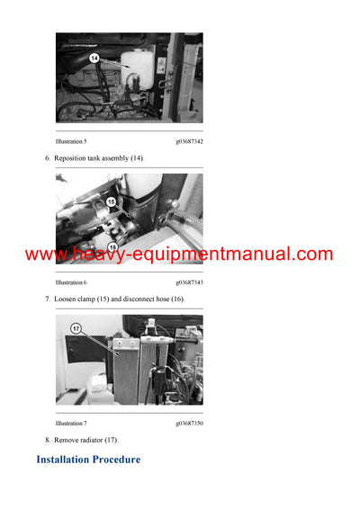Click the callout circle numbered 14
point(94,58)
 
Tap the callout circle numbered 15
point(112,202)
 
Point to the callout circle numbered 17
point(76,328)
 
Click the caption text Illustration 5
point(71,142)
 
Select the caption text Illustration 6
point(71,282)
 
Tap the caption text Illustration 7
point(71,423)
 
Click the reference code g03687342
point(189,142)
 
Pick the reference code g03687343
point(189,282)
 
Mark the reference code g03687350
point(189,423)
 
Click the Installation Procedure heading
point(88,460)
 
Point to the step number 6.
point(47,159)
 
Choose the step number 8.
point(47,440)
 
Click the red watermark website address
point(179,254)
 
